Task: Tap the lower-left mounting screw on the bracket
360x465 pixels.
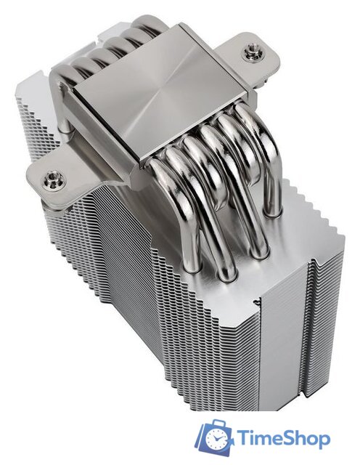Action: pos(52,179)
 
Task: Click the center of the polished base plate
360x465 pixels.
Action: pos(160,92)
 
